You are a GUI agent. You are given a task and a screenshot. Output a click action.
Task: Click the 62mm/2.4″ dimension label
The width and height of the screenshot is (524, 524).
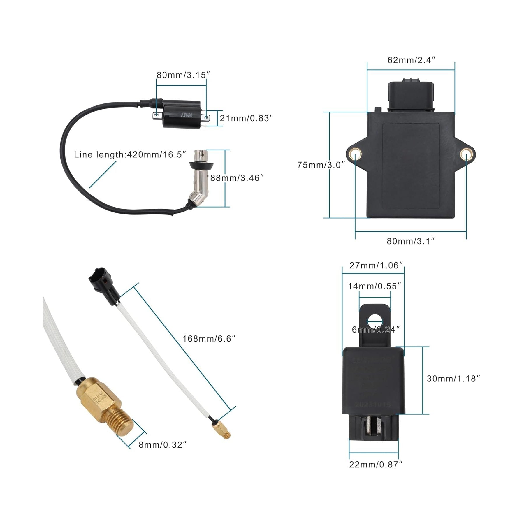[x=411, y=60]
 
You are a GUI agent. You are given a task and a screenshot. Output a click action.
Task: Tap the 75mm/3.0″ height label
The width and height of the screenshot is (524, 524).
[x=321, y=165]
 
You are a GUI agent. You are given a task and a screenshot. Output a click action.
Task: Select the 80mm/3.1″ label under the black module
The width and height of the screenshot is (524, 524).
[x=411, y=241]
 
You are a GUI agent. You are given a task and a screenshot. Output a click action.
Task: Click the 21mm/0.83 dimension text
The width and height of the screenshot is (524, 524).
[x=246, y=118]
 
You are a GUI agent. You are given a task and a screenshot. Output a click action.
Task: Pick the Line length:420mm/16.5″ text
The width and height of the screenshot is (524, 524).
[x=130, y=154]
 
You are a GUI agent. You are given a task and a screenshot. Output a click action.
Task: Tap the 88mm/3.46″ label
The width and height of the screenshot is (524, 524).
[x=237, y=178]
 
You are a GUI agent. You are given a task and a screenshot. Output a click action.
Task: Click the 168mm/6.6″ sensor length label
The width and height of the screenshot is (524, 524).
[x=209, y=339]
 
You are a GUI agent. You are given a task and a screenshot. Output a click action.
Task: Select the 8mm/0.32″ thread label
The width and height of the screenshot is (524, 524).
[x=162, y=445]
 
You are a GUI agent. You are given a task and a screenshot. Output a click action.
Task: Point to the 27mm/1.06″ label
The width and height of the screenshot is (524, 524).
[x=376, y=265]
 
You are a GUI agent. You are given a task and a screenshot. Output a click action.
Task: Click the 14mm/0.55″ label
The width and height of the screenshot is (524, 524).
[x=374, y=286]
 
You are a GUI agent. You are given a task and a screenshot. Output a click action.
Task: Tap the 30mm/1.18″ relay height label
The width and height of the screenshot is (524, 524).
[x=453, y=379]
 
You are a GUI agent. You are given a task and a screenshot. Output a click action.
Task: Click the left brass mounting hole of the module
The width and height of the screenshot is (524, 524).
[x=355, y=154]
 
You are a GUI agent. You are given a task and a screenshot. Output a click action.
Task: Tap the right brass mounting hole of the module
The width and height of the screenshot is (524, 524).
[x=466, y=154]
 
